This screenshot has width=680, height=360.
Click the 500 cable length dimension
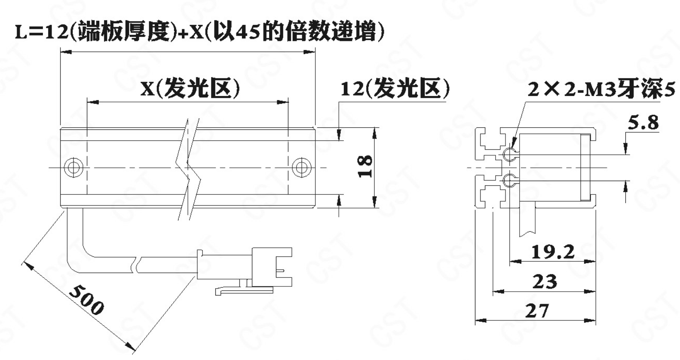pos(86,300)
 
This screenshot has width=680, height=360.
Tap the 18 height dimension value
pos(365,166)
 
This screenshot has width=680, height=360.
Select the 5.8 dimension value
pos(643,123)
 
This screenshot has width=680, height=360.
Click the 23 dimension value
pos(545,281)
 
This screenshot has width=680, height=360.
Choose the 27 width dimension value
pos(537,311)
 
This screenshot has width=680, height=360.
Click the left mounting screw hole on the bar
pos(74,167)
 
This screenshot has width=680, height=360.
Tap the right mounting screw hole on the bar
pos(301,167)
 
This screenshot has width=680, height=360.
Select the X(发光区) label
pos(190,89)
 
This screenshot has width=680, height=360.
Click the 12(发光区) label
pos(395,89)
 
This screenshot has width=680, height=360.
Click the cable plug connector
pos(245,267)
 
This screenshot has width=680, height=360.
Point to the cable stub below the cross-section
pos(527,221)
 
